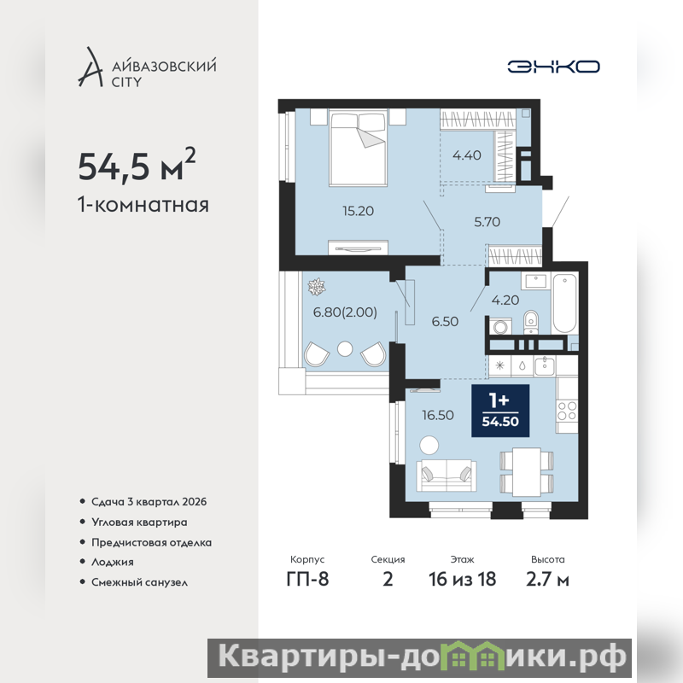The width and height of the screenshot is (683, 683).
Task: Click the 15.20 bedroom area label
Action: [358, 211]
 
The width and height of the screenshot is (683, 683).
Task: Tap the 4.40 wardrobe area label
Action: [466, 155]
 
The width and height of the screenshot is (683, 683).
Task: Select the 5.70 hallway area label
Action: [487, 222]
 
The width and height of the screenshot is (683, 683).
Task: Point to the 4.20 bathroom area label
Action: [505, 301]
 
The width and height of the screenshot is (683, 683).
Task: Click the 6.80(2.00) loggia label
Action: [345, 312]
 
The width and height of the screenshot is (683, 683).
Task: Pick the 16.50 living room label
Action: [438, 415]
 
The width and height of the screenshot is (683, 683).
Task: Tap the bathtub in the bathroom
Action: [564, 303]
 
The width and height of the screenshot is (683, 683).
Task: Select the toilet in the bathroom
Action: [530, 322]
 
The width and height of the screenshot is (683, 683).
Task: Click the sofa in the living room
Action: [446, 476]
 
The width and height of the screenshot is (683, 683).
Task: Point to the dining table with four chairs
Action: [526, 472]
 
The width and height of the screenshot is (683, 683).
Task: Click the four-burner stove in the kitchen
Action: [567, 412]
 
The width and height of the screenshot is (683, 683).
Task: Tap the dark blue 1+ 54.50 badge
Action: [500, 411]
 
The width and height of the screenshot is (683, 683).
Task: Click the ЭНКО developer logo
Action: [553, 67]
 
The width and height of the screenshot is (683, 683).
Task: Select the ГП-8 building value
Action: [307, 580]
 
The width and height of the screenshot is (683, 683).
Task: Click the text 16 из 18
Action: [462, 580]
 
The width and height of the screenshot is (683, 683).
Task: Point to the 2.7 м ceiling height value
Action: [547, 580]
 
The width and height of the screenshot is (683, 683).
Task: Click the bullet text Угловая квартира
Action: [139, 522]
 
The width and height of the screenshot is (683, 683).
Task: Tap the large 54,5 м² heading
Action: [137, 166]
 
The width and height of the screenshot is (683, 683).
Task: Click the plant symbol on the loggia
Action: [316, 287]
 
